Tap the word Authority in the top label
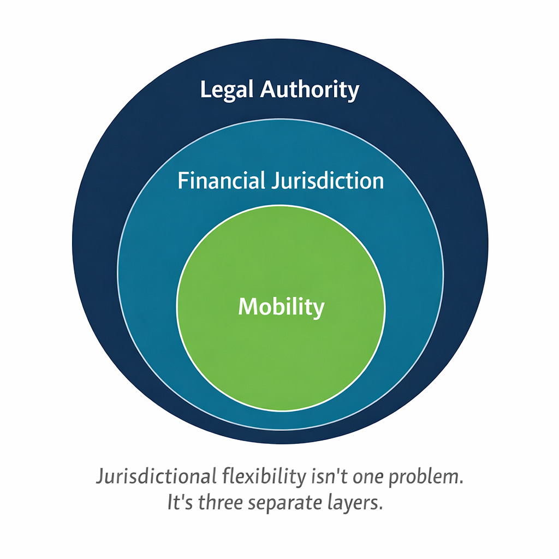(309, 90)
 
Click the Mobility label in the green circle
(281, 307)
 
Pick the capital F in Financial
(183, 181)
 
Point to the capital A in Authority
(267, 90)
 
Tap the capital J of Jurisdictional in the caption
(100, 477)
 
